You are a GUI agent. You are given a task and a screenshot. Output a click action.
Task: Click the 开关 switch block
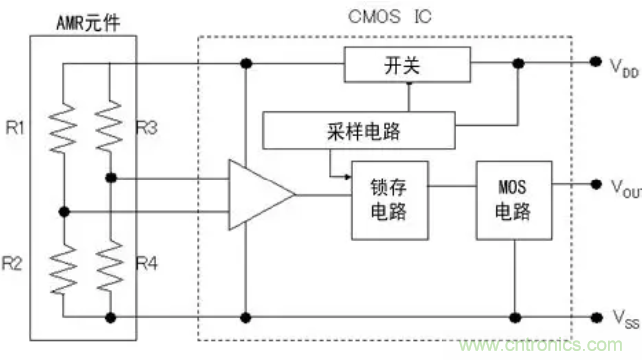(x=407, y=65)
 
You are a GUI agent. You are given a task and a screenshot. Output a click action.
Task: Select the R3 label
(x=147, y=127)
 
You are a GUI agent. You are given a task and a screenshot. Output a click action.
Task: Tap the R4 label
(x=147, y=264)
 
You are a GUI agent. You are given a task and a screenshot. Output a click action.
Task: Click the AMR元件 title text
(x=90, y=23)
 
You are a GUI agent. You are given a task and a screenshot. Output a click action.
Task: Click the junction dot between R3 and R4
(x=111, y=179)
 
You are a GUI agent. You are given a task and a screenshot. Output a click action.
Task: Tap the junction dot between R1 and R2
(x=65, y=211)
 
